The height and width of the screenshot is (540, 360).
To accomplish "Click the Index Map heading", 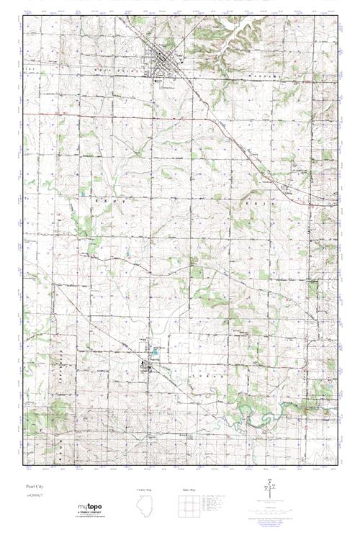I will (189, 489).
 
